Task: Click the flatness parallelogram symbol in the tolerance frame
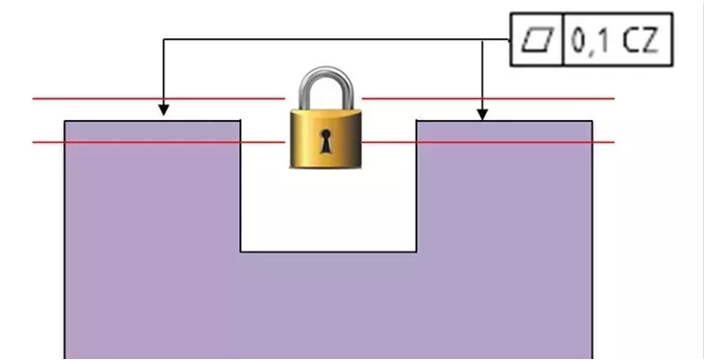(536, 39)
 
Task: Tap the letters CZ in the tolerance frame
(641, 40)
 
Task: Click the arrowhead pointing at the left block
(163, 110)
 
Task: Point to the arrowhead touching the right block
(482, 114)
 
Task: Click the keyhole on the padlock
(325, 141)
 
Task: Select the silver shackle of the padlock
(326, 88)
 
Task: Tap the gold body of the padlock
(326, 138)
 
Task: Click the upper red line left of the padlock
(158, 98)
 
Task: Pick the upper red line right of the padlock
(488, 98)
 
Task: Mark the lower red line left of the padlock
(158, 142)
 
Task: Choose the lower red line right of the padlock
(488, 142)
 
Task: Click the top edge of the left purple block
(153, 121)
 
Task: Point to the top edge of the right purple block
(504, 121)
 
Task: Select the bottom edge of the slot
(328, 252)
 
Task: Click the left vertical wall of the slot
(240, 186)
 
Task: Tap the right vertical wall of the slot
(416, 186)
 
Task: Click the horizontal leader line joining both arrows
(336, 39)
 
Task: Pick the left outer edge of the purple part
(64, 240)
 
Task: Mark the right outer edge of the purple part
(593, 240)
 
